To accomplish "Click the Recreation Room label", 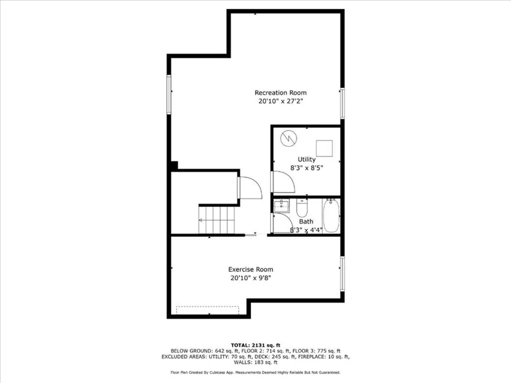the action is (280, 93).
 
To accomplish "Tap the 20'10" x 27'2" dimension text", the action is (281, 101).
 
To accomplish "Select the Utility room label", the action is (307, 160).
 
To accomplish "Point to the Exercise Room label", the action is (250, 269).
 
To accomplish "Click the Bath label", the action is (306, 222).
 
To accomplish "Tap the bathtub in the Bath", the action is (331, 215).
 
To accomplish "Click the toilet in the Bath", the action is (302, 208).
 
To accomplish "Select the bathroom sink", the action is (281, 206).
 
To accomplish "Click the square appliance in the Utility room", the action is (324, 149).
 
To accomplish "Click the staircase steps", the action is (217, 220).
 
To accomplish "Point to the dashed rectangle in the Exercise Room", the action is (208, 310).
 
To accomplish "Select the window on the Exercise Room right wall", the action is (342, 274).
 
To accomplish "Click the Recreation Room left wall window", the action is (169, 94).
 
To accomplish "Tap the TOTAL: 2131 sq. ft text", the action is (256, 345).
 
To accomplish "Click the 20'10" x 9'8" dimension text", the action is (250, 278).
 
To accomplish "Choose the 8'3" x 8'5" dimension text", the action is (307, 168).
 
